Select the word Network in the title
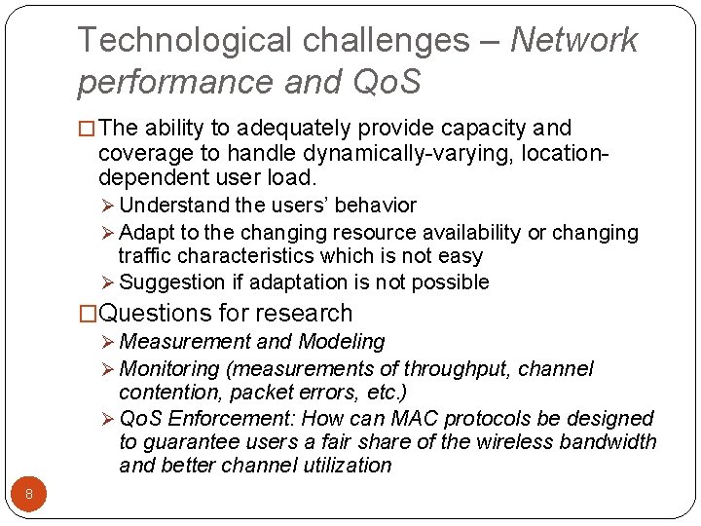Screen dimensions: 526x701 [573, 40]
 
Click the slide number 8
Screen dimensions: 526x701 [29, 495]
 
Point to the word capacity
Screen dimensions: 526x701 [490, 128]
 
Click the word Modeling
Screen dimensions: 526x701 [341, 342]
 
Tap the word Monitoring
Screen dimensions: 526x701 [169, 369]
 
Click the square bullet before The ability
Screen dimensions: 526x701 [86, 129]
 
